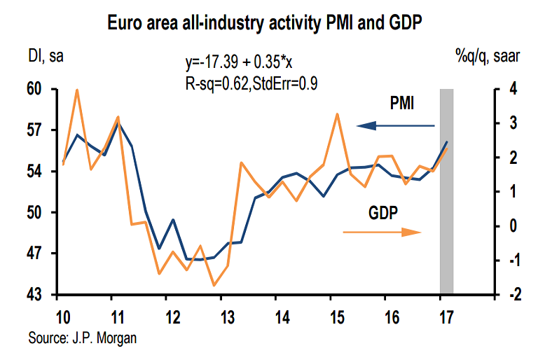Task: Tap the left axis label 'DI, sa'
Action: [46, 57]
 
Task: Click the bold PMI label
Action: [401, 104]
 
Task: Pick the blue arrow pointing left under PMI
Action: [395, 125]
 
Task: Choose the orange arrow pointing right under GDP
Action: [382, 233]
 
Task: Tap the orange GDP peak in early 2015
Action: [337, 113]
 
